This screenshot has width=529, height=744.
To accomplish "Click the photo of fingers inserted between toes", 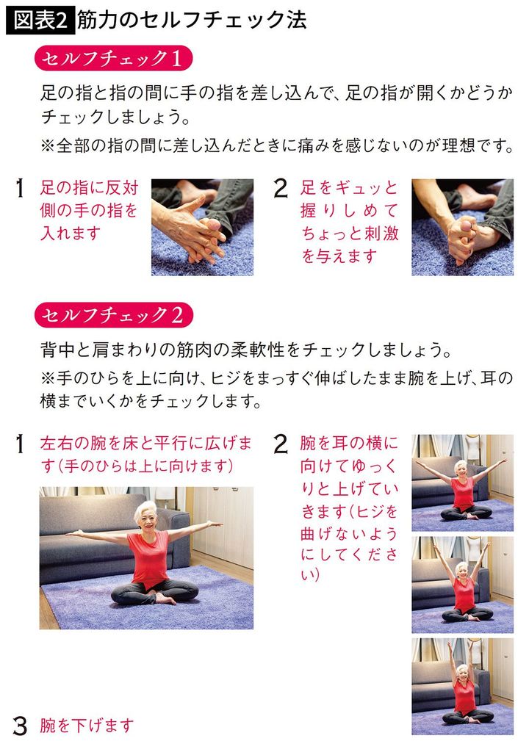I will pos(202,227).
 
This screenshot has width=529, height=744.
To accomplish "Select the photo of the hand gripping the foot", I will pos(462,227).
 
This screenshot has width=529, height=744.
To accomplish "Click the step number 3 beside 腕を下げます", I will pos(21,726).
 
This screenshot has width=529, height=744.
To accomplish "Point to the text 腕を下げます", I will pos(87,726).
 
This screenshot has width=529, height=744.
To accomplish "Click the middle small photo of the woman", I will pos(462,585).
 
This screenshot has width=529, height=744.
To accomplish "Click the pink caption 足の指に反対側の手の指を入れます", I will pos(89,210).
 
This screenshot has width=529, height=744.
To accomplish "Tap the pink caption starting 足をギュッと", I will pos(350,222).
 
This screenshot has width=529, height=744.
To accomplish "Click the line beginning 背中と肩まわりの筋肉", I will pos(245,346).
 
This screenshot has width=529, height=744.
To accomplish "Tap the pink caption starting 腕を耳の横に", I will pos(349,511).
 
